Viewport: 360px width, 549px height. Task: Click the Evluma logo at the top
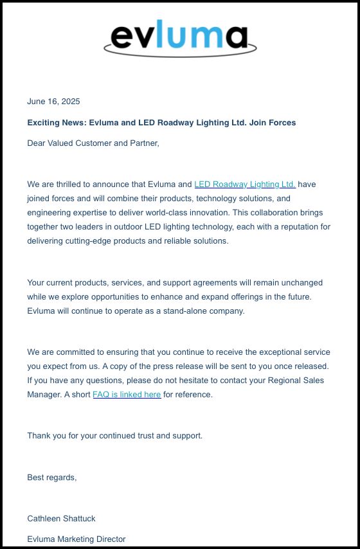click(x=179, y=39)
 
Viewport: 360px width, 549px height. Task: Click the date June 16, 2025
click(x=53, y=102)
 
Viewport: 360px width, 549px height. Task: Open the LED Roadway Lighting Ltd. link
click(x=244, y=184)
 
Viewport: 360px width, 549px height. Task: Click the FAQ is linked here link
click(x=127, y=395)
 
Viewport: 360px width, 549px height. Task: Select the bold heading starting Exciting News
click(x=161, y=122)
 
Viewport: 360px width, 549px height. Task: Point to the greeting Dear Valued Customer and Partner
click(x=93, y=143)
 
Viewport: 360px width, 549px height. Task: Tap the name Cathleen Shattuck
click(x=61, y=519)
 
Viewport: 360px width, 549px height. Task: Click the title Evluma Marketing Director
click(x=76, y=539)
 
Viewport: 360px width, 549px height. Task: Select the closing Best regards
click(x=51, y=478)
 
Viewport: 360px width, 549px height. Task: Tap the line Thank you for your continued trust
click(x=114, y=436)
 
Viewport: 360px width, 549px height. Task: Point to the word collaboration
click(x=277, y=213)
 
